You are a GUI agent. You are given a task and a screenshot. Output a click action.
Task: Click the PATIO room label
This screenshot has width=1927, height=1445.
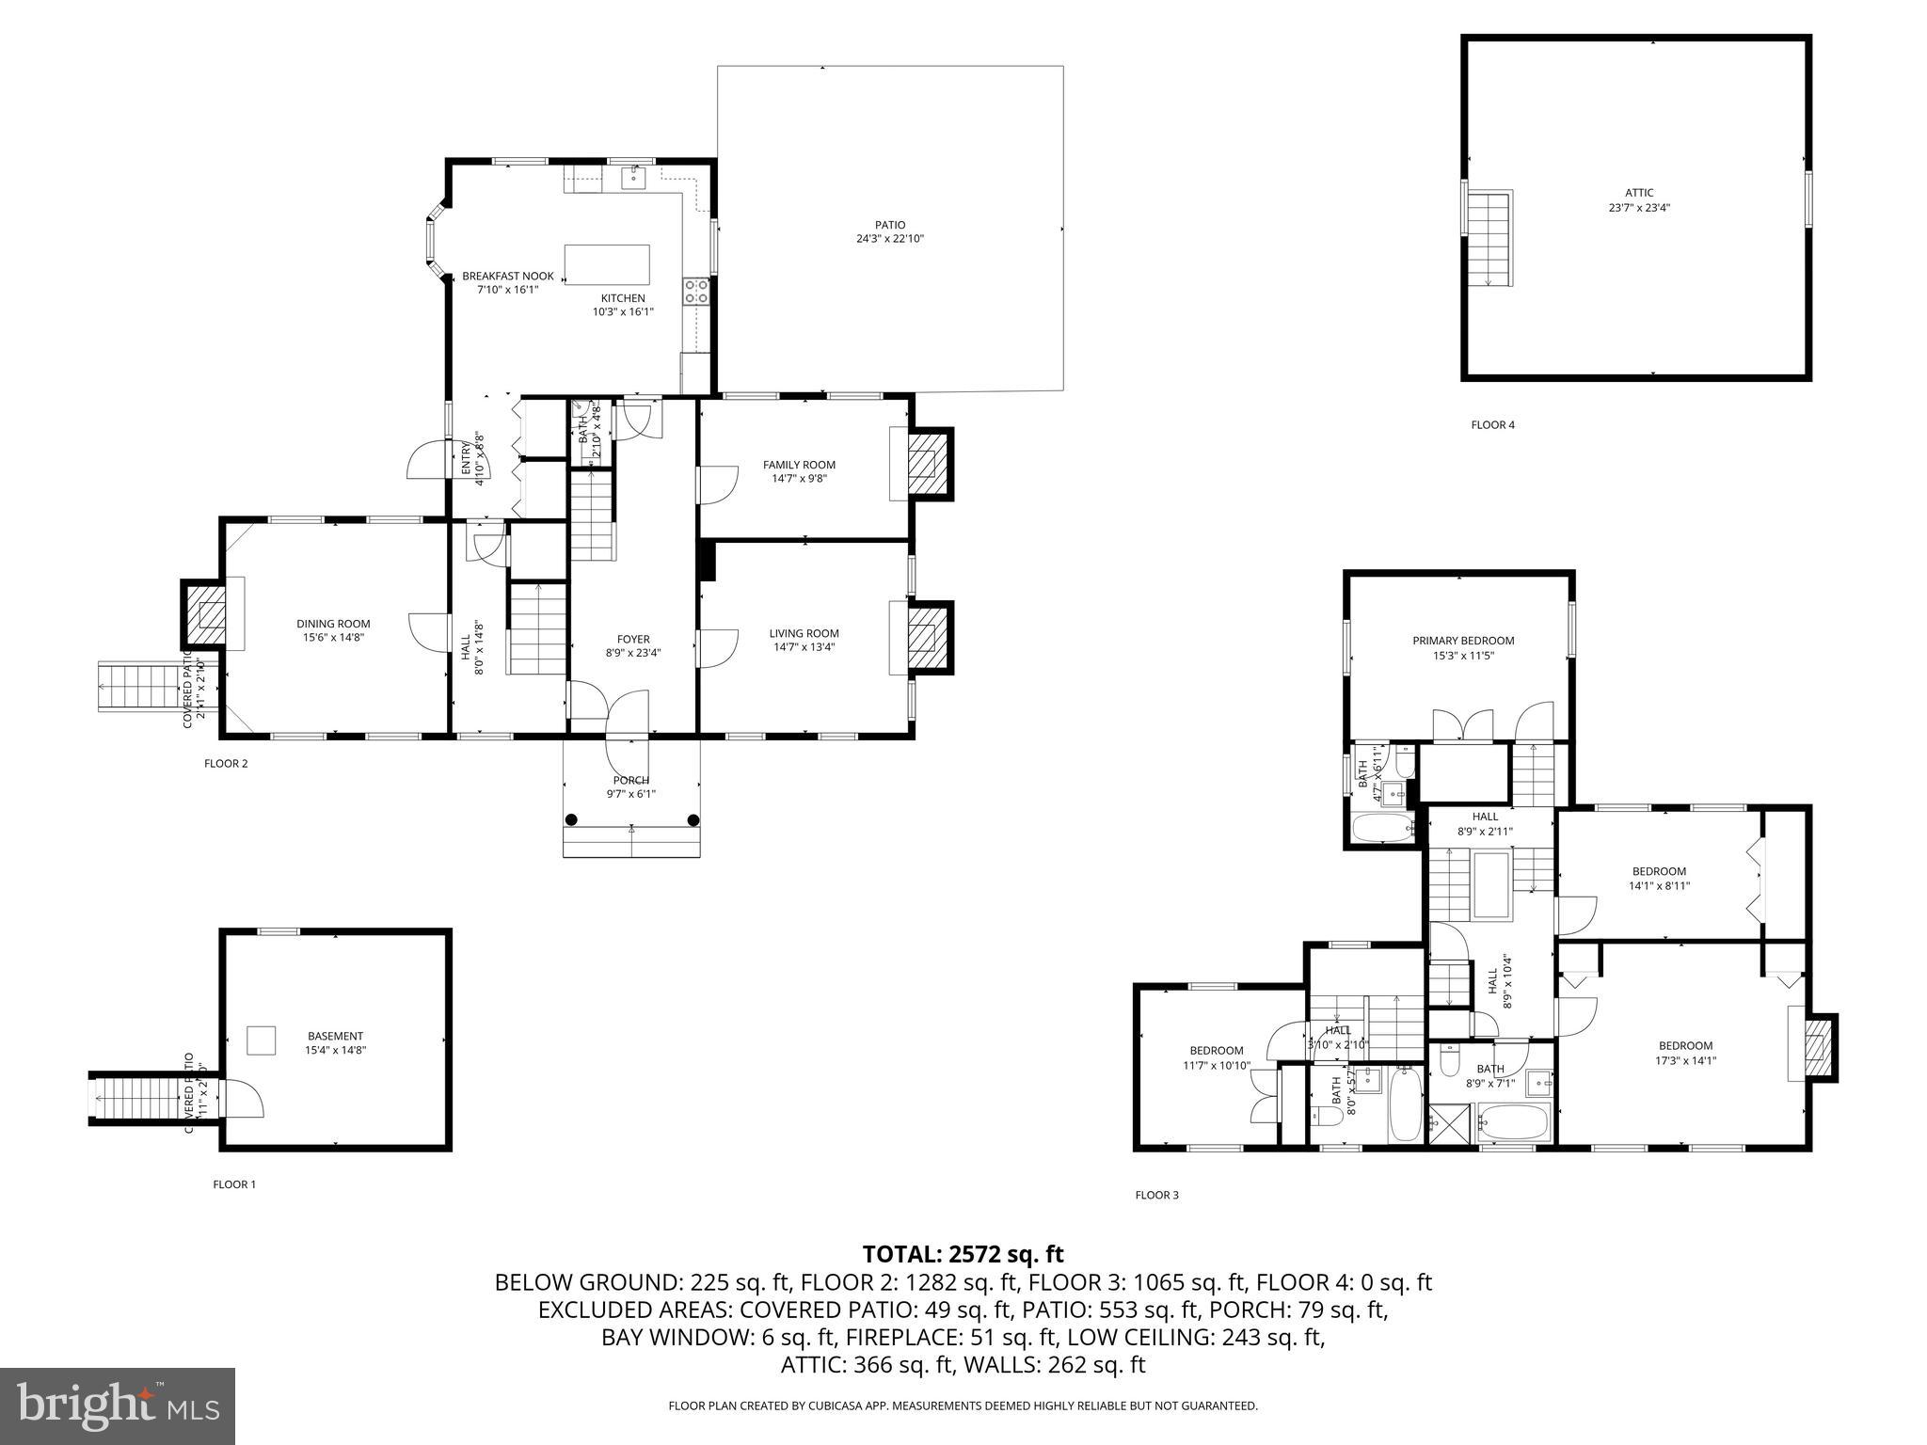click(x=889, y=225)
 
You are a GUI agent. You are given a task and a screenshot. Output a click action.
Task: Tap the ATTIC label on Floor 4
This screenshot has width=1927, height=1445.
click(x=1638, y=193)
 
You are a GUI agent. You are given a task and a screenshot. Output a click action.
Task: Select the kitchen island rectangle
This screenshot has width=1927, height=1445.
click(x=606, y=264)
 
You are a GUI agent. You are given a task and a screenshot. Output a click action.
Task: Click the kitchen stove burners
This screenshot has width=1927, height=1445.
click(x=696, y=291)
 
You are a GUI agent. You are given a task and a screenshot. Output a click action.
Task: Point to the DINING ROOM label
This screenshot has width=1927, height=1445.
click(x=333, y=624)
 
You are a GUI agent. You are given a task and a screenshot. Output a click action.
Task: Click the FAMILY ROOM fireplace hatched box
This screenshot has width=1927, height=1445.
click(x=923, y=464)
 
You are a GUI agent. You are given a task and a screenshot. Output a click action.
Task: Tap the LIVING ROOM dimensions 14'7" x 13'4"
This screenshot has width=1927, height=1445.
click(x=804, y=647)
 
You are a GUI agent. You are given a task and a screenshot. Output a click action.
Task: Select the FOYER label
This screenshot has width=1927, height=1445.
click(x=633, y=640)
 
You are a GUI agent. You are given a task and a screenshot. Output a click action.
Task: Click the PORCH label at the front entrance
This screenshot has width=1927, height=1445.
click(x=630, y=781)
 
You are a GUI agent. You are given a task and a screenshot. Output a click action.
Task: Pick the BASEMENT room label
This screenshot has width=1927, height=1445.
click(x=335, y=1037)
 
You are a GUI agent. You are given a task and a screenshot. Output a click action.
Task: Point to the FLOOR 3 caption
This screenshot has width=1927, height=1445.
click(x=1156, y=1196)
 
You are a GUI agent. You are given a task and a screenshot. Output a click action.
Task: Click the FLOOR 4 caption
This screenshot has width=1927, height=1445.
click(x=1492, y=425)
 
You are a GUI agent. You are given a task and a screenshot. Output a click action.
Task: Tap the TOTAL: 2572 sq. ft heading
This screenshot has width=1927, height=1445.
click(x=963, y=1254)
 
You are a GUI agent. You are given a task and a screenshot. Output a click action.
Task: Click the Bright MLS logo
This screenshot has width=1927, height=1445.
click(x=118, y=1406)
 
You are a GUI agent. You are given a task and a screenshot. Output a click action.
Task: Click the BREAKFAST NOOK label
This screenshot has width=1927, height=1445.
click(x=507, y=277)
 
